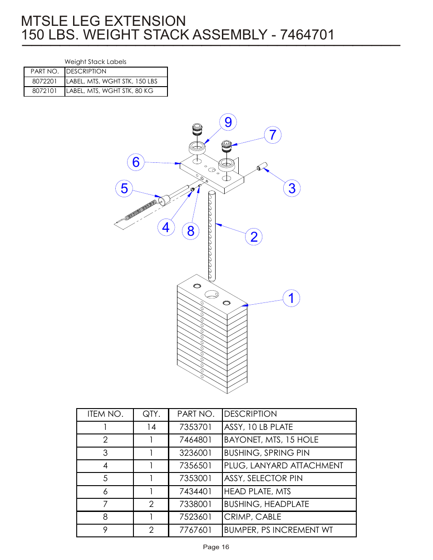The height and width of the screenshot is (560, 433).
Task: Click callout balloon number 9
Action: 228,122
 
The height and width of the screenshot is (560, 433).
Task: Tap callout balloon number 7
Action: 272,135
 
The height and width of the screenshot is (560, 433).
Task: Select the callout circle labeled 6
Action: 136,162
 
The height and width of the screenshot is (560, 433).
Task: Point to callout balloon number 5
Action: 124,188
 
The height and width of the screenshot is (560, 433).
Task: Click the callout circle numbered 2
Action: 254,237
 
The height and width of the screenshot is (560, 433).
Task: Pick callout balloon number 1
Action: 291,298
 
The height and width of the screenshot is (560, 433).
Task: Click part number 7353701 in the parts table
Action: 195,427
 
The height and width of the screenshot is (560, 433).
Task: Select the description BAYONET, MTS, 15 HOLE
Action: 271,440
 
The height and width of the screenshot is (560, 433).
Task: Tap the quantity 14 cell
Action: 151,427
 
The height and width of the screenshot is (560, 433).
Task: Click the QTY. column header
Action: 151,414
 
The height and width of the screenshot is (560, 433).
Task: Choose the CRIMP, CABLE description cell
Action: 252,517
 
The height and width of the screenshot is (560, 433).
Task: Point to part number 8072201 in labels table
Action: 44,81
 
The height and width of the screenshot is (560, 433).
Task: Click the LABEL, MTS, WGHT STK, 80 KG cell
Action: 110,91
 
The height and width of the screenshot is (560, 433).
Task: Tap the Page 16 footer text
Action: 216,547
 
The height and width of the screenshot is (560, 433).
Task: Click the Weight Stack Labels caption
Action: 95,62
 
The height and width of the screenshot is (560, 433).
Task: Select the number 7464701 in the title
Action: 307,35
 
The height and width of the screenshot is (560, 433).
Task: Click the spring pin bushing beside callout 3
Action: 262,166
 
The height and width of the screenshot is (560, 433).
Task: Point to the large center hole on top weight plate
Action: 212,294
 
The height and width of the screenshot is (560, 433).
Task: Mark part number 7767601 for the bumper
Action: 195,530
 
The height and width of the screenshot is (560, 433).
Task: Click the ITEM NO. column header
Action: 105,414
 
